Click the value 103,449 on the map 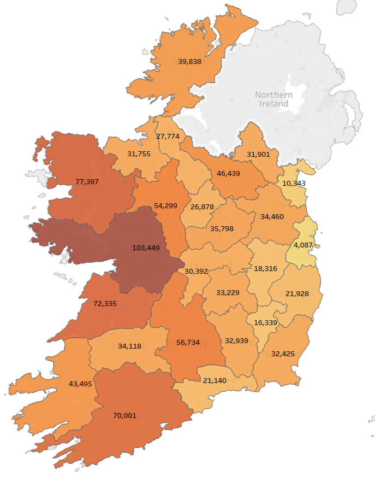pos(146,248)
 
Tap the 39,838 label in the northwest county pos(190,62)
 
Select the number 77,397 pos(87,181)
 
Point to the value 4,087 pos(303,245)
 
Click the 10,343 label pos(294,182)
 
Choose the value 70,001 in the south pos(124,415)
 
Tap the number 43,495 pos(80,384)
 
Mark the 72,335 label pos(105,303)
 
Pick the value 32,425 pos(283,354)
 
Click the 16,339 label pos(266,323)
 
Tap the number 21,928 pos(297,294)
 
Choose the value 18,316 pos(266,269)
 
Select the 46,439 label pos(229,173)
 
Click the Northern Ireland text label pos(274,99)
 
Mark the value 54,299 pos(166,205)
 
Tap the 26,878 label pos(202,207)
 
